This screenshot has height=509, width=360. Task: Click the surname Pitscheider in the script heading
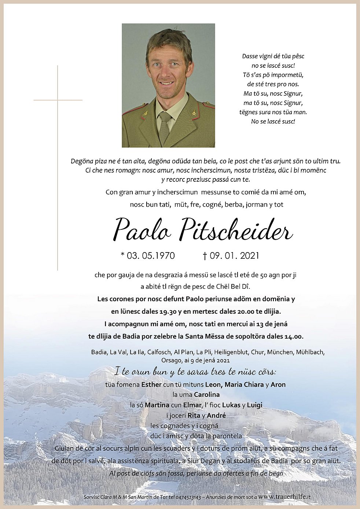click(236, 230)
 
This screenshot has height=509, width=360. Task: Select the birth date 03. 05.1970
click(151, 255)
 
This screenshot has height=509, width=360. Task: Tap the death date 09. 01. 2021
click(234, 255)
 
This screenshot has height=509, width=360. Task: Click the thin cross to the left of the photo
click(58, 110)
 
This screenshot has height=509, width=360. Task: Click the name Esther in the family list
click(151, 384)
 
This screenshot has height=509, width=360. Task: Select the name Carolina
click(207, 395)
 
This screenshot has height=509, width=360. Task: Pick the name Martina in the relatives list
click(157, 405)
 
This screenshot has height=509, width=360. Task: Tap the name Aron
click(278, 384)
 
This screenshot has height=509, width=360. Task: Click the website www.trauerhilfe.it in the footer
click(284, 497)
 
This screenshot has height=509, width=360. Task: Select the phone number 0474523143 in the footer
click(187, 497)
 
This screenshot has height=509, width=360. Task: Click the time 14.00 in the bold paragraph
click(294, 336)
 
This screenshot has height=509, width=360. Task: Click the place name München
click(280, 352)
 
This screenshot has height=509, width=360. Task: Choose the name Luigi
click(254, 405)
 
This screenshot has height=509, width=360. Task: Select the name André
click(216, 415)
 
